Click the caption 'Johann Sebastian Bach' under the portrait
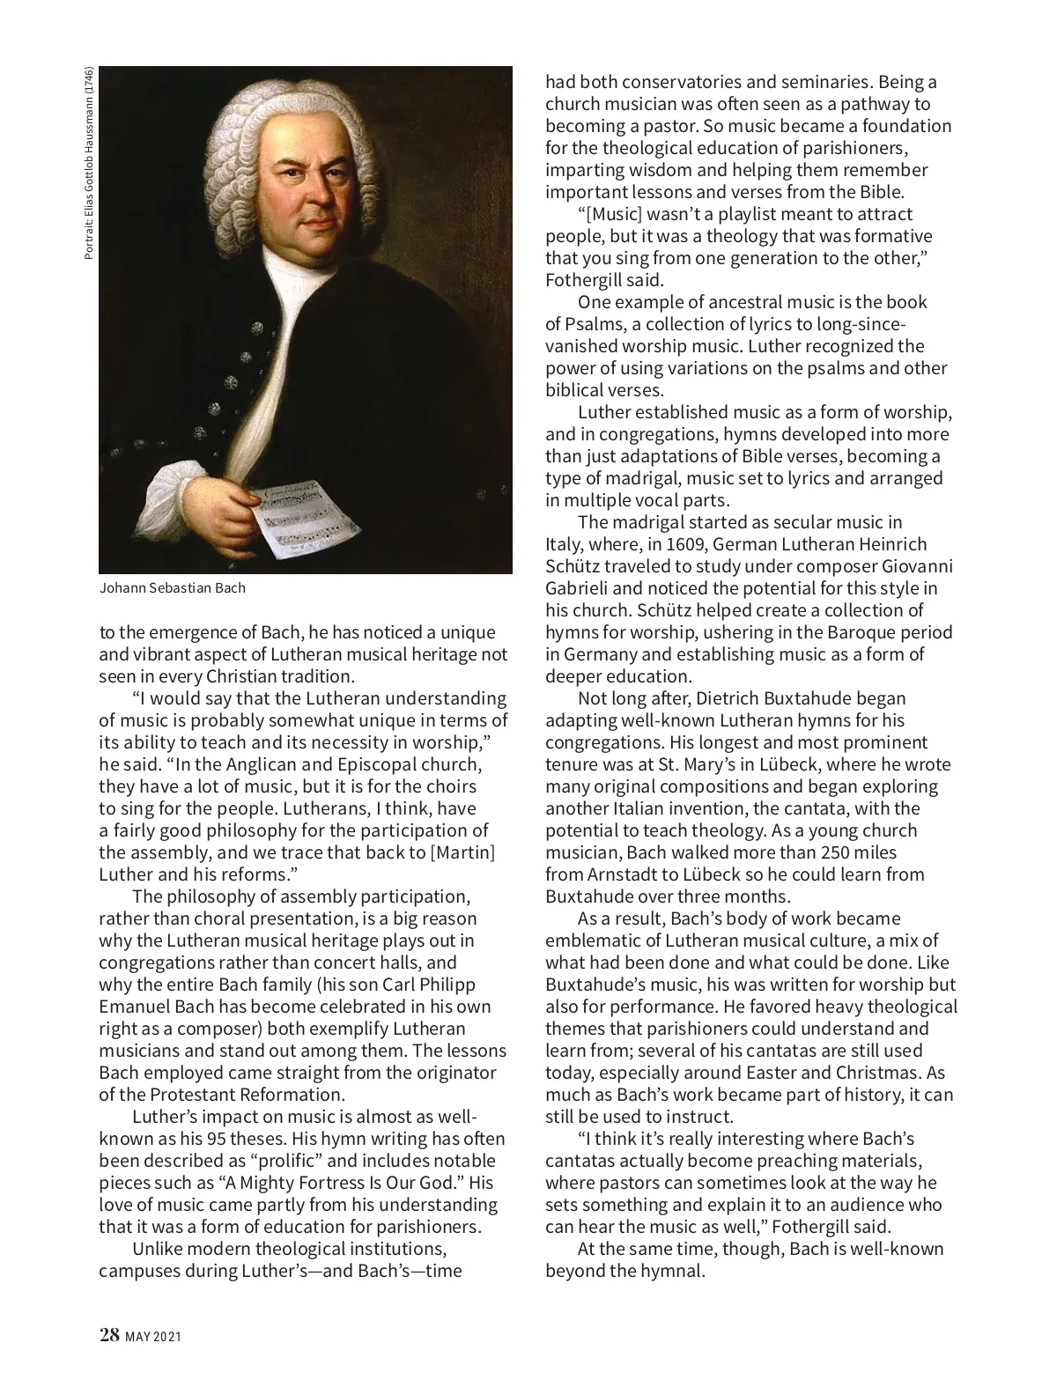click(x=172, y=588)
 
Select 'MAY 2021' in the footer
click(x=153, y=1337)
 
